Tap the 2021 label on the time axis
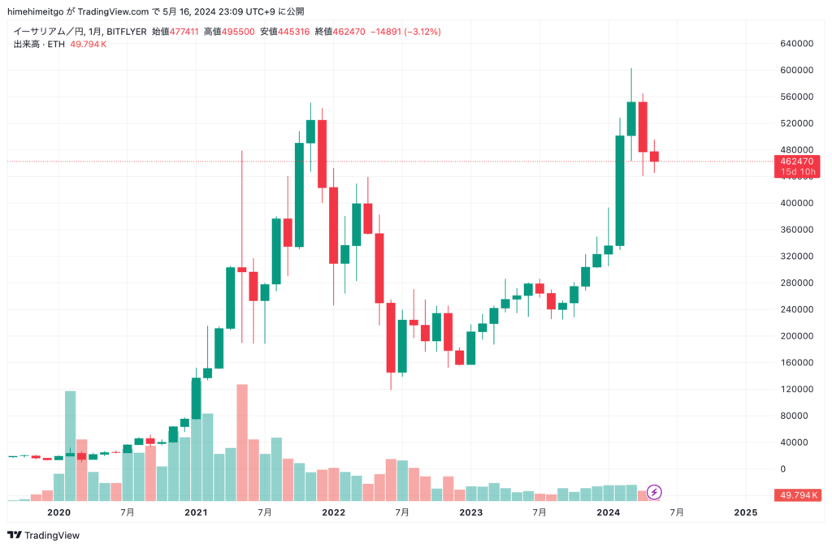(x=196, y=513)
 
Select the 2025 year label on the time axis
(x=745, y=513)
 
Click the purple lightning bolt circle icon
(x=654, y=492)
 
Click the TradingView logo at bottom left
(x=45, y=535)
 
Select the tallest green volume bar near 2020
(x=70, y=445)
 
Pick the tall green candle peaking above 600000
(x=631, y=118)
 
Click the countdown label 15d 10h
(x=797, y=172)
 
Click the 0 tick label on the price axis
(x=784, y=468)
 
